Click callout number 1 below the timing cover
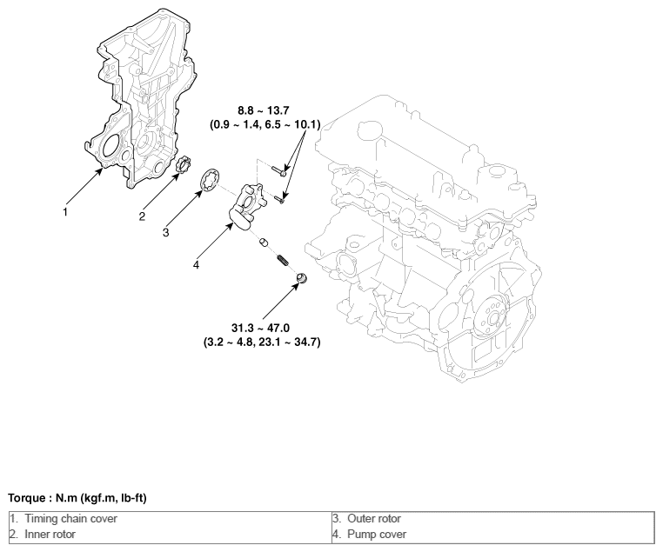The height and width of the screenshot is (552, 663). pyautogui.click(x=65, y=212)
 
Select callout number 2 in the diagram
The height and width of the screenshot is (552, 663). pyautogui.click(x=142, y=216)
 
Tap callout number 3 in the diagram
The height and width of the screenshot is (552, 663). pyautogui.click(x=165, y=233)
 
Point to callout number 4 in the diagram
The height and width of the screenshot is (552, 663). pyautogui.click(x=196, y=265)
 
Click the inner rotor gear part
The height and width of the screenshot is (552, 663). pyautogui.click(x=183, y=164)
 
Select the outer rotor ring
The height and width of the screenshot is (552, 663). pyautogui.click(x=211, y=181)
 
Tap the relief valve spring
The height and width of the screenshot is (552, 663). pyautogui.click(x=282, y=260)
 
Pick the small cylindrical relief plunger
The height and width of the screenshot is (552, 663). pyautogui.click(x=265, y=243)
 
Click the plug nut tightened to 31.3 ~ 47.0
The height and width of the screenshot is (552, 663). pyautogui.click(x=301, y=278)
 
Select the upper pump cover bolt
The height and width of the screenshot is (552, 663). pyautogui.click(x=278, y=170)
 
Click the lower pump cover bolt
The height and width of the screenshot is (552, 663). pyautogui.click(x=279, y=198)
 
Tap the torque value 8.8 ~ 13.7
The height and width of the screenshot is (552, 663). pyautogui.click(x=264, y=110)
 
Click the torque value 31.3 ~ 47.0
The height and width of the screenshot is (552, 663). pyautogui.click(x=260, y=328)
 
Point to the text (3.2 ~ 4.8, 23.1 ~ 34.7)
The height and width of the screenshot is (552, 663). pyautogui.click(x=262, y=342)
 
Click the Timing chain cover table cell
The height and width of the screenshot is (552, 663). pyautogui.click(x=171, y=519)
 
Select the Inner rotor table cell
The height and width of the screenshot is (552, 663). pyautogui.click(x=171, y=535)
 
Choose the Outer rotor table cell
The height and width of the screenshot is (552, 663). pyautogui.click(x=493, y=519)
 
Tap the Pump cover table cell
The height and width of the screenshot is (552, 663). pyautogui.click(x=493, y=535)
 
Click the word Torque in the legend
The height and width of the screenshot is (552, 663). pyautogui.click(x=26, y=498)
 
